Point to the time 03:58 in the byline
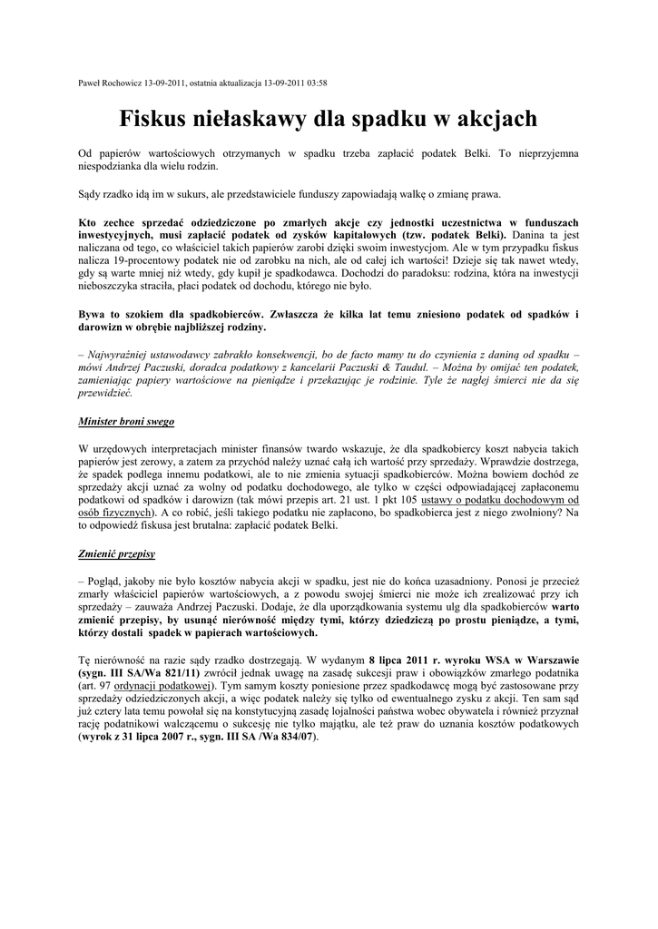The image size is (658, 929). (317, 83)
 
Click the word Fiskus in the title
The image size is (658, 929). (158, 119)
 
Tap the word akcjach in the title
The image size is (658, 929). (489, 119)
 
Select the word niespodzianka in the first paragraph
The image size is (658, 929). (113, 167)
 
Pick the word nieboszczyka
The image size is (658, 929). (110, 287)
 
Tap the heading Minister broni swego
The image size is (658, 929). (126, 422)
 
